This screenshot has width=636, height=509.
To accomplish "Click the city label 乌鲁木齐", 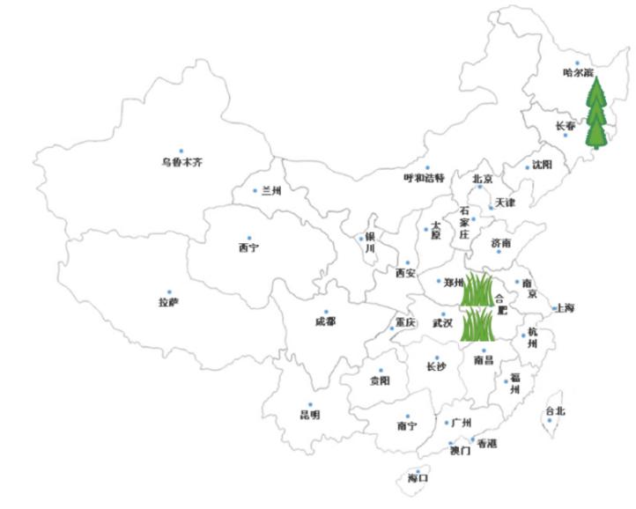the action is tap(181, 163).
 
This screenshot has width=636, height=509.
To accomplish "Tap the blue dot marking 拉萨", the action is tap(170, 292).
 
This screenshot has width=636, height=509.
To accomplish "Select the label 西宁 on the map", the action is tap(248, 248).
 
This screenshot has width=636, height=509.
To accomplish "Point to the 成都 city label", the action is tap(325, 322).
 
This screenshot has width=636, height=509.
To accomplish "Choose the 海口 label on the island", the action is tap(418, 479).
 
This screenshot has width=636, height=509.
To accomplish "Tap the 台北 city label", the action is tap(555, 411).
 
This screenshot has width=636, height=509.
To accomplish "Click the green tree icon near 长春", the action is tap(599, 113).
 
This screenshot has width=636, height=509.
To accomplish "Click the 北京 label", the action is tap(482, 179).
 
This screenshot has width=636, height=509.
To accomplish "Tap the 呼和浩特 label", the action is tap(425, 178).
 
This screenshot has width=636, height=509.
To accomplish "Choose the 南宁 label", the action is tap(407, 427).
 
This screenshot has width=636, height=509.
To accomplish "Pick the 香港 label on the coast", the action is tap(486, 444).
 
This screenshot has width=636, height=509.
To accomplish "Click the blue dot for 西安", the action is tap(407, 262).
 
